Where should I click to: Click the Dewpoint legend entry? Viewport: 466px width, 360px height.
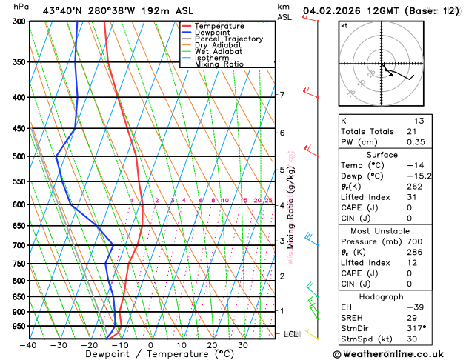tap(214, 33)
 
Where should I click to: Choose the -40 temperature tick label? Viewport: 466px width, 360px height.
tap(28, 345)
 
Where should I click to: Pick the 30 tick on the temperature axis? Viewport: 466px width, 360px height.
tap(242, 345)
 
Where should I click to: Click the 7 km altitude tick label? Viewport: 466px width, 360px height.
tap(282, 95)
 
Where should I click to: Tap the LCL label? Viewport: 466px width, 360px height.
tap(291, 335)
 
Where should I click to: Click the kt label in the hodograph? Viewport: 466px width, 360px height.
tap(344, 25)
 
